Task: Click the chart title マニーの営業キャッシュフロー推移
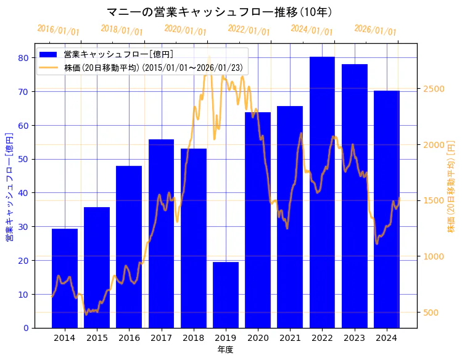click(220, 12)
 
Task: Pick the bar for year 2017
click(161, 234)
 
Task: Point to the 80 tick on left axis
click(23, 58)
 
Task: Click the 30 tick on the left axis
click(23, 227)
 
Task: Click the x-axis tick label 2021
click(290, 338)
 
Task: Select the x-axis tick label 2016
click(129, 338)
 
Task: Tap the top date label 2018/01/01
click(122, 30)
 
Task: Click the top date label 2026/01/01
click(375, 30)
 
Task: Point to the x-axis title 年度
click(225, 350)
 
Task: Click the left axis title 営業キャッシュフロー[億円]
click(9, 186)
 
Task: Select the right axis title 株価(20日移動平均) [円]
click(451, 186)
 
